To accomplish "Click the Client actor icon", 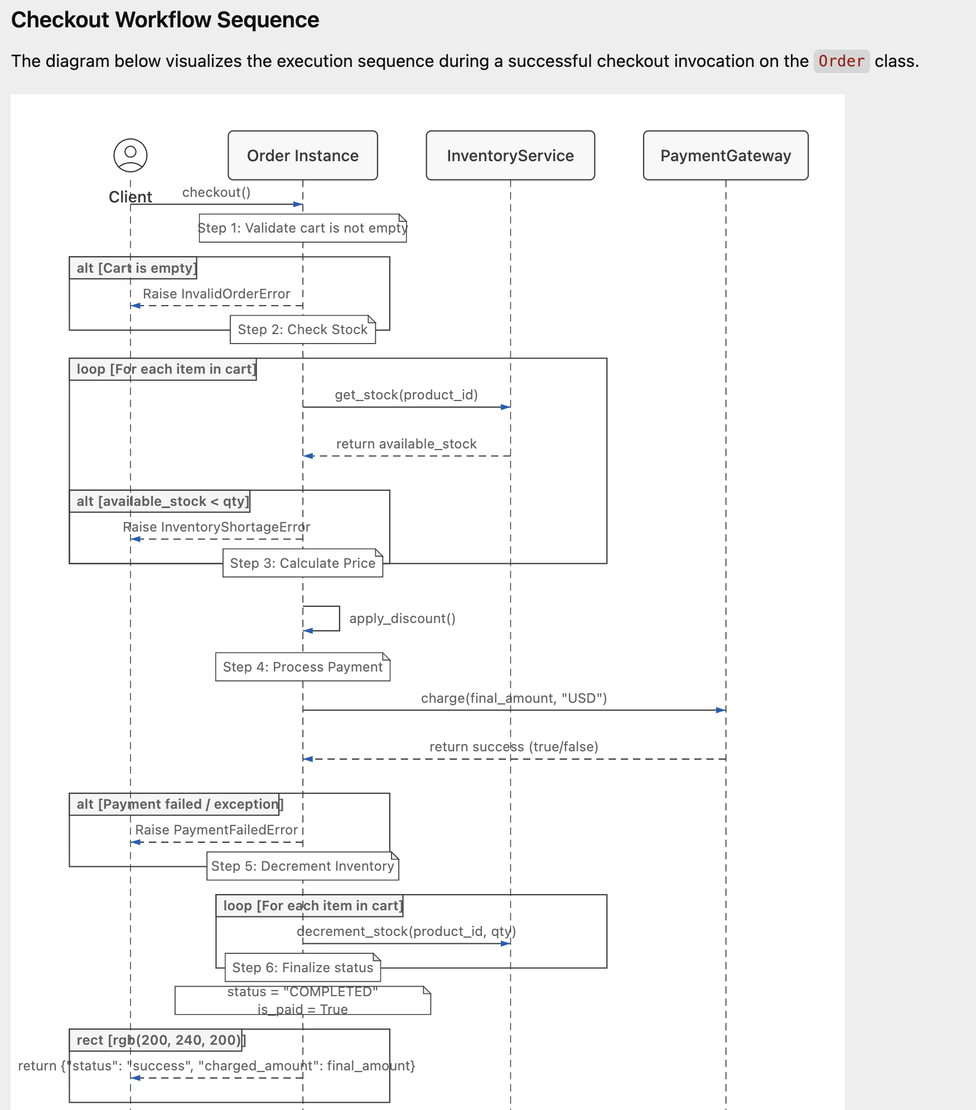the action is [x=131, y=155].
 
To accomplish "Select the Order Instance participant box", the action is [x=303, y=156].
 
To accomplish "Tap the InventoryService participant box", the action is [x=510, y=156].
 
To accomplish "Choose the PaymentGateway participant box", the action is [x=726, y=156].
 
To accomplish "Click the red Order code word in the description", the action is [x=841, y=61].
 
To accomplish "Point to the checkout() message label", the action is [x=216, y=192].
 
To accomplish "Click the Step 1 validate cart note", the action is [x=303, y=228].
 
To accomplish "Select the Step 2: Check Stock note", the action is [x=303, y=330].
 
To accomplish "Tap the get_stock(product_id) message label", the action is [x=407, y=395].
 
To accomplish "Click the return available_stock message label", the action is [x=407, y=444].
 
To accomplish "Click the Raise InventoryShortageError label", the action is [x=216, y=527].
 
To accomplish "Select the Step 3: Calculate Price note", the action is [x=303, y=563].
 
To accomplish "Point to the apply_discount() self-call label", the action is [x=403, y=619].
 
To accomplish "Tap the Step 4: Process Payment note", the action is [x=303, y=667].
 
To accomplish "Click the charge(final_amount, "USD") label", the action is [x=514, y=698].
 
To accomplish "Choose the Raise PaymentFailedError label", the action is [x=216, y=830].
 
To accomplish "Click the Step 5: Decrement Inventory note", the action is [x=303, y=866].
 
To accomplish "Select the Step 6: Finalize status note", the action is [x=303, y=968].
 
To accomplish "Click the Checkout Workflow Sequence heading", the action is [x=165, y=20].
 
